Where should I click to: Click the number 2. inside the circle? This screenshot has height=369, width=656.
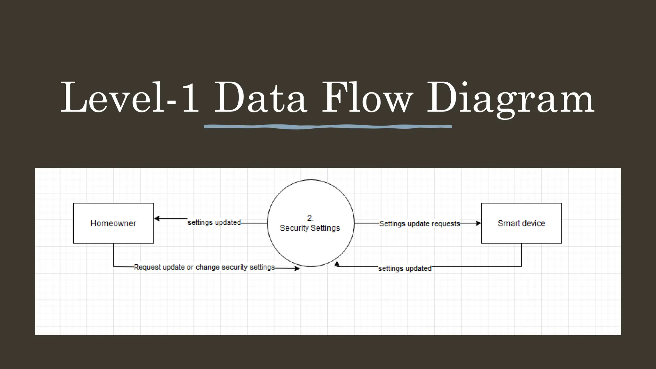click(x=310, y=218)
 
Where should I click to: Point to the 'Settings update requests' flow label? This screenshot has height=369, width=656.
click(x=420, y=224)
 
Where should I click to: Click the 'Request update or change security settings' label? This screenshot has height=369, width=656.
click(x=204, y=267)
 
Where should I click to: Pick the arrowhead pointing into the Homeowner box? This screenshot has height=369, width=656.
click(x=157, y=219)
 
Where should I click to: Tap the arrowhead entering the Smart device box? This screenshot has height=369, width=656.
click(x=479, y=223)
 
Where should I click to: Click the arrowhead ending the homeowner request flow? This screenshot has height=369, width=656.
click(x=297, y=268)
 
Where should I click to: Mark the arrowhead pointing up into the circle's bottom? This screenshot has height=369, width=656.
click(x=337, y=264)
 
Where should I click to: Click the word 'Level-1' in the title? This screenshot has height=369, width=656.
click(x=130, y=98)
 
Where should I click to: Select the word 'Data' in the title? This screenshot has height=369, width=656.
click(x=260, y=98)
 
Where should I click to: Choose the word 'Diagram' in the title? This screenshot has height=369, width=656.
click(x=510, y=98)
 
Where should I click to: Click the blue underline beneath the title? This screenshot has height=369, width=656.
click(x=328, y=127)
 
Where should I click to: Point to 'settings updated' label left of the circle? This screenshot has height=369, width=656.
click(x=214, y=222)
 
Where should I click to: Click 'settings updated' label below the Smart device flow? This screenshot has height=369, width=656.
click(x=405, y=268)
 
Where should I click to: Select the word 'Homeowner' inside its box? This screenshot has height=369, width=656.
click(x=113, y=223)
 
